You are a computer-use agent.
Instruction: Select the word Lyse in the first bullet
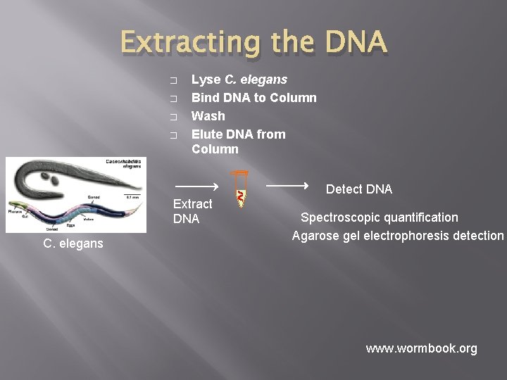(x=205, y=80)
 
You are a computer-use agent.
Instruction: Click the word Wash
(x=208, y=116)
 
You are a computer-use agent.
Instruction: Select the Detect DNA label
(x=358, y=189)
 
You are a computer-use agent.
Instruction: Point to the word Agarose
(x=314, y=236)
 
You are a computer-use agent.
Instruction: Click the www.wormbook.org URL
(x=421, y=348)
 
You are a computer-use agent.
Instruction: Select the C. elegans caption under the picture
(x=73, y=243)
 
